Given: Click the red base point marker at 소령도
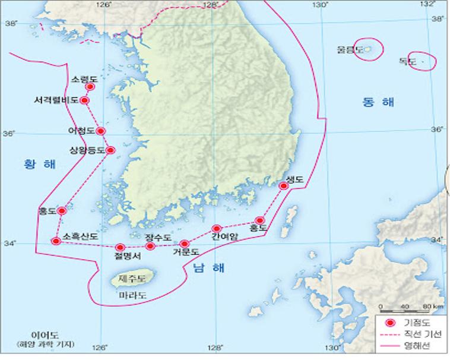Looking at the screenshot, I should pyautogui.click(x=90, y=87).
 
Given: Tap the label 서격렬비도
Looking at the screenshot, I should pyautogui.click(x=56, y=100).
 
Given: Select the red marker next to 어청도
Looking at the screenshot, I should pyautogui.click(x=101, y=131).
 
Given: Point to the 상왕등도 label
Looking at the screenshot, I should pyautogui.click(x=87, y=150).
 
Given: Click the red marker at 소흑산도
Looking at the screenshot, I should pyautogui.click(x=56, y=241).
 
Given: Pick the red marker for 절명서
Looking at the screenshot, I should pyautogui.click(x=120, y=247).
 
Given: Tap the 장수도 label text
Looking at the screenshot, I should pyautogui.click(x=158, y=238).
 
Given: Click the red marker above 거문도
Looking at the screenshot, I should pyautogui.click(x=184, y=244).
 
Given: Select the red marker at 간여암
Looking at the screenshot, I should pyautogui.click(x=217, y=229).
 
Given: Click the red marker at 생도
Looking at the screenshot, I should pyautogui.click(x=284, y=186).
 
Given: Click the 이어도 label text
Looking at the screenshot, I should pyautogui.click(x=47, y=335).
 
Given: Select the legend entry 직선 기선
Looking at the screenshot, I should pyautogui.click(x=422, y=335).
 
